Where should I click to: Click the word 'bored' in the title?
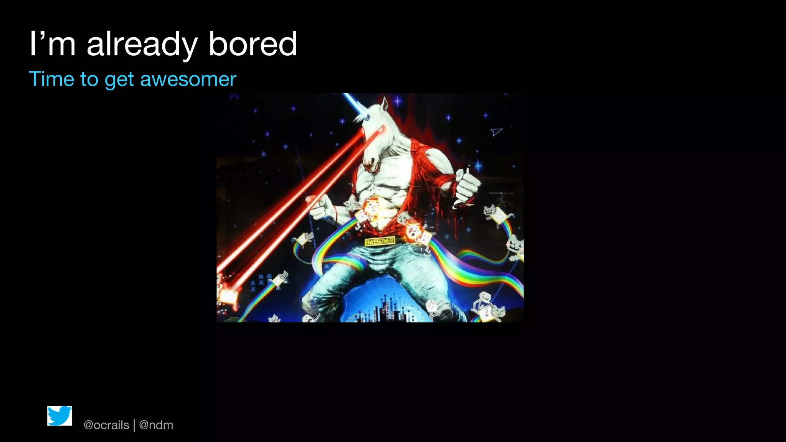coord(253,44)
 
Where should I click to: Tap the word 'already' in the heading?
coord(142,45)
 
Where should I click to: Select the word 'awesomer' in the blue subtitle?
coord(188,79)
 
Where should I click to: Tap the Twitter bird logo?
coord(59,416)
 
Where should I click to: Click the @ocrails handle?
coord(106,425)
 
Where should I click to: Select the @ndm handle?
coord(156,425)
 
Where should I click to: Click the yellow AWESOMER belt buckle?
coord(380,241)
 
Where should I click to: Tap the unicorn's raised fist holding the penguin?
coord(467,187)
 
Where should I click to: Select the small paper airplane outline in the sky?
coord(496,132)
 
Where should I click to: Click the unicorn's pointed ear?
coord(385,103)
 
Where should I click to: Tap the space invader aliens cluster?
coord(261,282)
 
